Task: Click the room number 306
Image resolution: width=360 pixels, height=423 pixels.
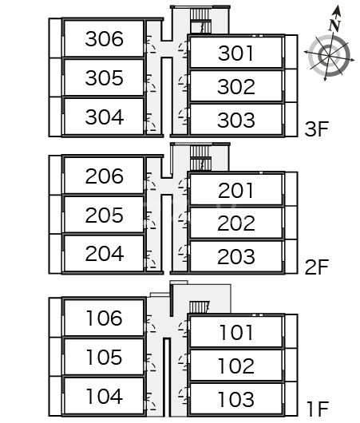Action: pyautogui.click(x=104, y=39)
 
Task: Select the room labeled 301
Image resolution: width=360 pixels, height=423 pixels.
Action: pyautogui.click(x=235, y=53)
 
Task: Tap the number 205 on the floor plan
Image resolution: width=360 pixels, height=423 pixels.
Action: pyautogui.click(x=104, y=215)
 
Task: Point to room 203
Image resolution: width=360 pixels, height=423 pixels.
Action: pyautogui.click(x=235, y=256)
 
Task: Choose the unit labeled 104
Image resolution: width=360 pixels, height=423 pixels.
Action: pyautogui.click(x=105, y=396)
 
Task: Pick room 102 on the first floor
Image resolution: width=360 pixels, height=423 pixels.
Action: pyautogui.click(x=236, y=366)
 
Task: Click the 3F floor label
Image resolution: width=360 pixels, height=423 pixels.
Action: pyautogui.click(x=317, y=128)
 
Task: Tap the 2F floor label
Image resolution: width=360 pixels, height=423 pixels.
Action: pyautogui.click(x=317, y=267)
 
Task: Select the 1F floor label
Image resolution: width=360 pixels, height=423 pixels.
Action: pyautogui.click(x=318, y=409)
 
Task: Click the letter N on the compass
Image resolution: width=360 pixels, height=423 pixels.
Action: pyautogui.click(x=334, y=26)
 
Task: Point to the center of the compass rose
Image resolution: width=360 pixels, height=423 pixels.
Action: pyautogui.click(x=329, y=56)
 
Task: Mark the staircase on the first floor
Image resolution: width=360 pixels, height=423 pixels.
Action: pyautogui.click(x=200, y=307)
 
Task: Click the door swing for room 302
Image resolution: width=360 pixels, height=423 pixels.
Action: pyautogui.click(x=184, y=83)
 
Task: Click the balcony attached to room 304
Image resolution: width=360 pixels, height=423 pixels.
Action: pyautogui.click(x=56, y=117)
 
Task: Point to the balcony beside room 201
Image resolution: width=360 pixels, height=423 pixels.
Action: pyautogui.click(x=291, y=189)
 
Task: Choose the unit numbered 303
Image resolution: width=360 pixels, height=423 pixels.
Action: pyautogui.click(x=235, y=120)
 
